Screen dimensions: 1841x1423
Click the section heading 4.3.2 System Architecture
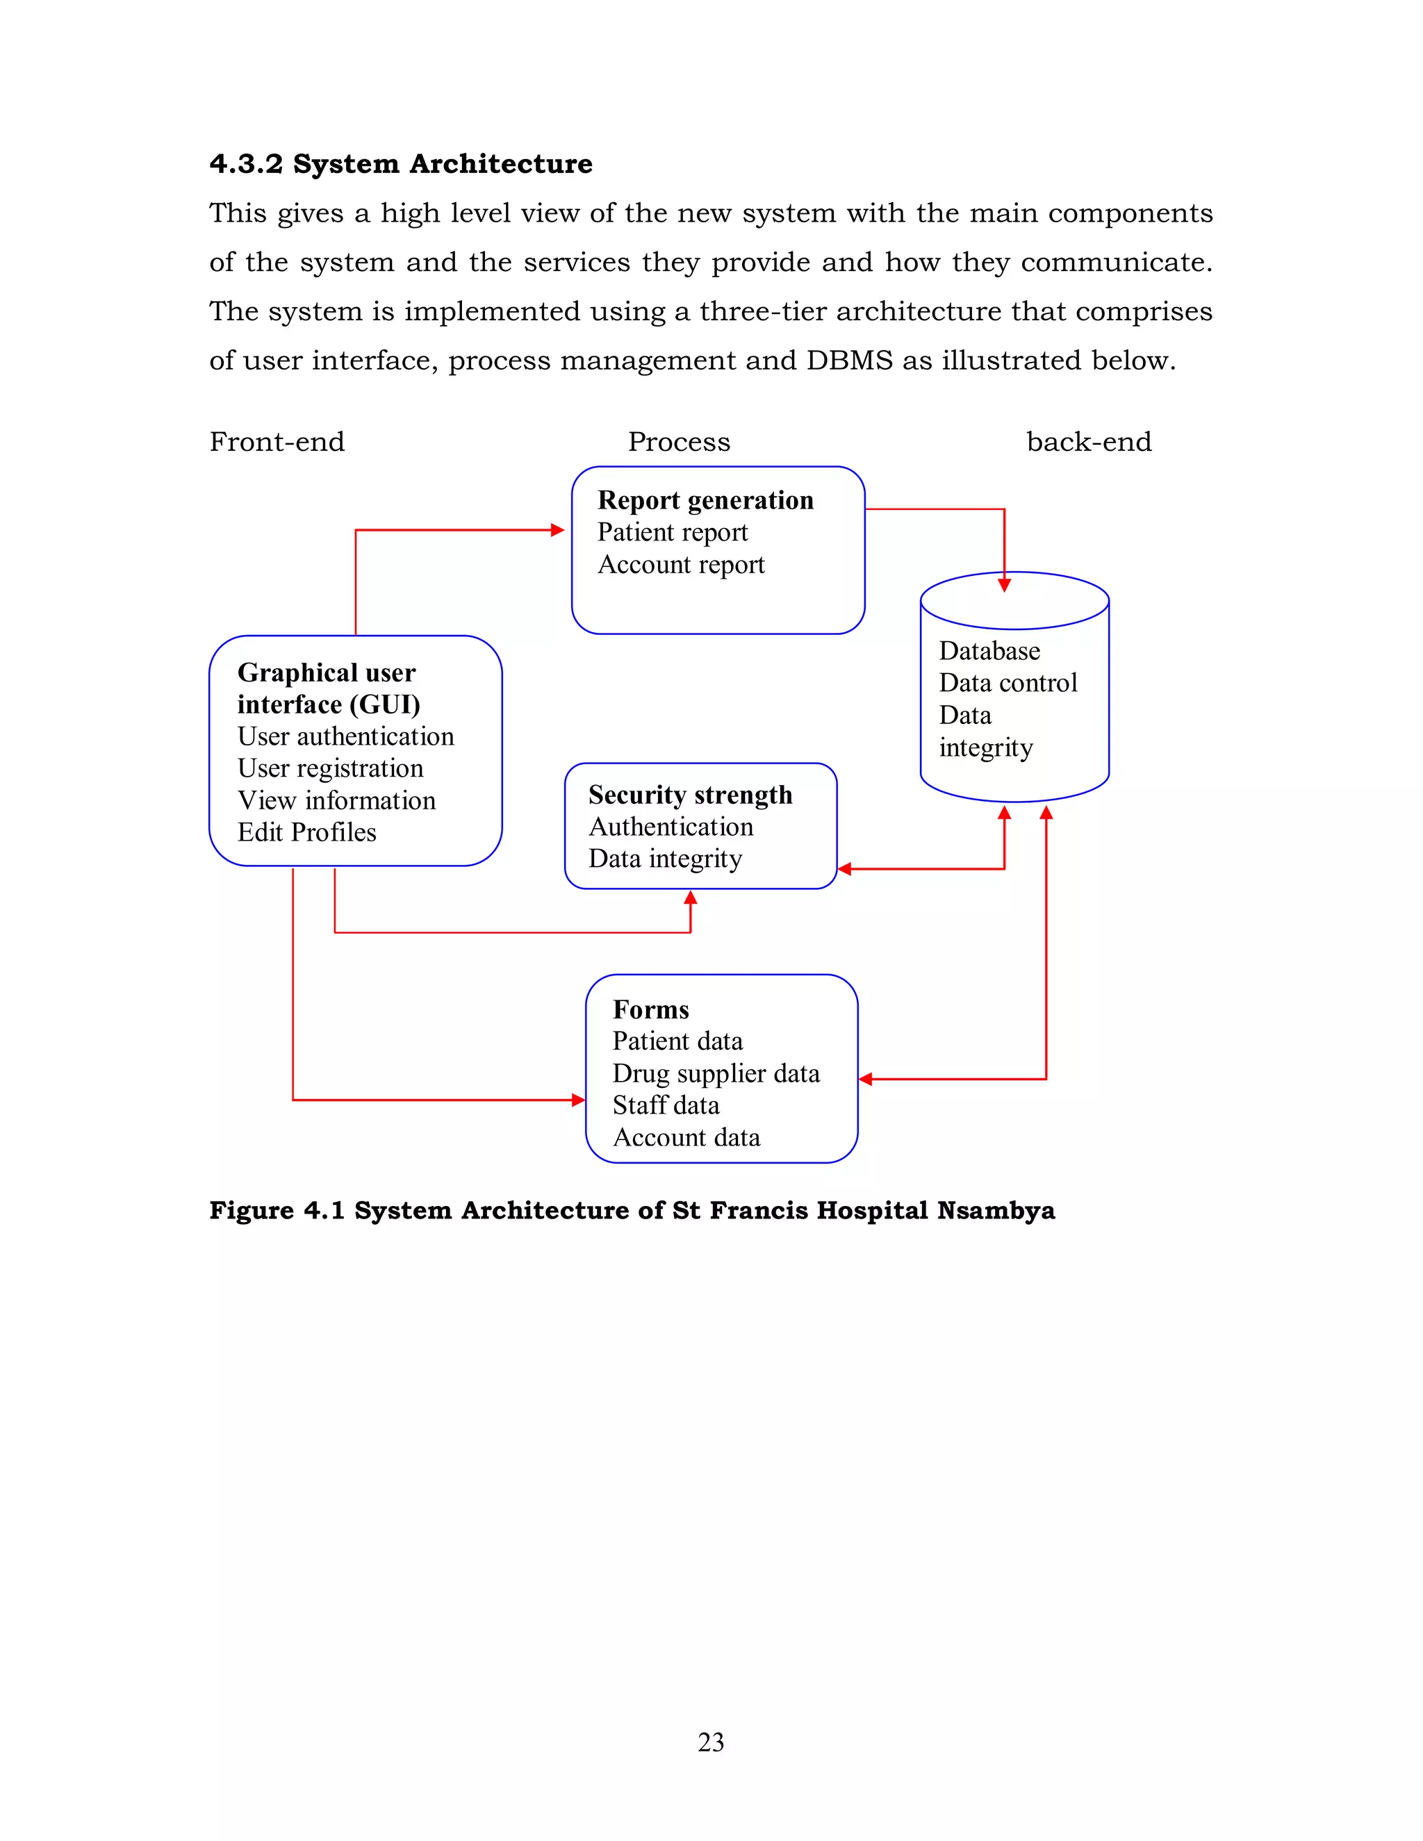400,163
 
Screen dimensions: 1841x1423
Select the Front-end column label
277,442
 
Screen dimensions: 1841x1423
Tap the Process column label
679,442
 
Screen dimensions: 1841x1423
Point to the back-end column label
1088,442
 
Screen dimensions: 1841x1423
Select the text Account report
680,564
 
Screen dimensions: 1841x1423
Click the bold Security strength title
689,794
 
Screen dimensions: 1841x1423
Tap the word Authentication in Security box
671,826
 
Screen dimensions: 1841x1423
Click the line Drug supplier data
715,1073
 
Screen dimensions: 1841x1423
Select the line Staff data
665,1105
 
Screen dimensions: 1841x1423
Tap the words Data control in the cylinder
1007,682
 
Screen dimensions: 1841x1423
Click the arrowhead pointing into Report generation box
557,530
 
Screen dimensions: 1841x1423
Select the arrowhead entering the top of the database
1004,584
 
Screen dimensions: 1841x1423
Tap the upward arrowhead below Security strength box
691,898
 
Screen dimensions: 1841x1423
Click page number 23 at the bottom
711,1742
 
